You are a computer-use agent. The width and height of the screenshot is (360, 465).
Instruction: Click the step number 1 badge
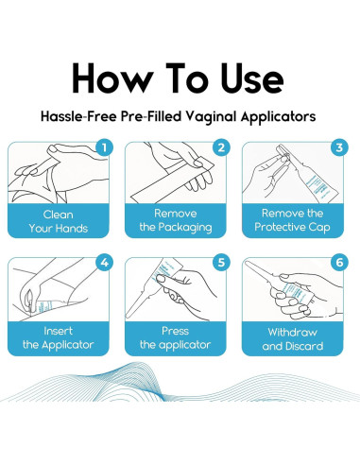tap(105, 147)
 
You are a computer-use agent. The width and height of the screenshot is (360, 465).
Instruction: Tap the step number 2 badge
tap(221, 147)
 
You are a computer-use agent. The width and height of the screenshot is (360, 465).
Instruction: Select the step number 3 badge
tap(337, 147)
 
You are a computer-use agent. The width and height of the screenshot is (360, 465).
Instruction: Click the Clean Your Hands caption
tap(65, 220)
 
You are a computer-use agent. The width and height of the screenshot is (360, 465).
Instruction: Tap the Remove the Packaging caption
tap(180, 220)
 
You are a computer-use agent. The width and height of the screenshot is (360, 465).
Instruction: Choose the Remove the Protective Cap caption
tap(297, 220)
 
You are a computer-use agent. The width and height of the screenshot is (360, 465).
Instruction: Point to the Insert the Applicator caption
tap(65, 337)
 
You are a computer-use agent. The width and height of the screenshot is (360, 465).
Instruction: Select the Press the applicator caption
tap(180, 337)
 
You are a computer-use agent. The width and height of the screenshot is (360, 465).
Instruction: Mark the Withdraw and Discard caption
tap(297, 337)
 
